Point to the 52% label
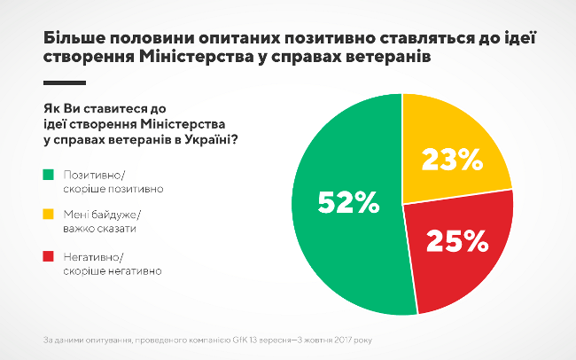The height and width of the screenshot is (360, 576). tap(348, 203)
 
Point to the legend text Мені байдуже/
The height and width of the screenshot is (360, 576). tap(103, 215)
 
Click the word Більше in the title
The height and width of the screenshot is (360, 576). tap(75, 39)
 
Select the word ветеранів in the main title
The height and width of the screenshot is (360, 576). tap(390, 58)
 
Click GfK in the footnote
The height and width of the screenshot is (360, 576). tap(243, 339)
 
